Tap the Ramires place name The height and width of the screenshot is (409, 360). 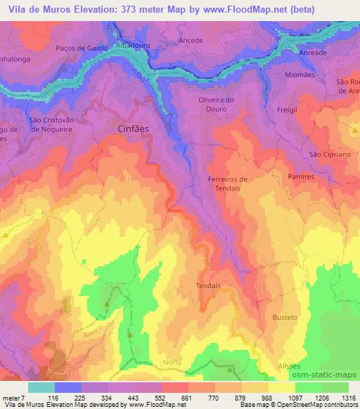tap(300, 177)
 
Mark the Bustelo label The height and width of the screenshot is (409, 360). tap(284, 318)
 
